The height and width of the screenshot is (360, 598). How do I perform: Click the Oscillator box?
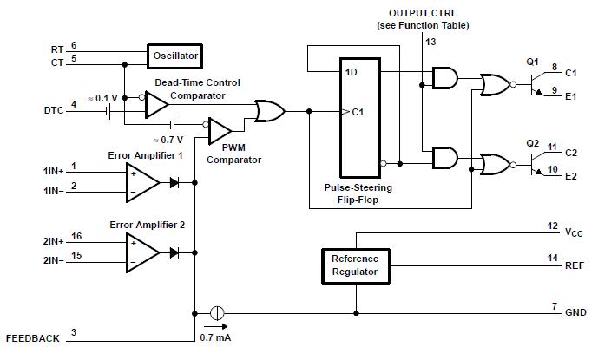176,56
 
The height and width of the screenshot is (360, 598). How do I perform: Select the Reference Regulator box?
354,265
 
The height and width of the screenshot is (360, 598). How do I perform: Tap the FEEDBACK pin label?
33,337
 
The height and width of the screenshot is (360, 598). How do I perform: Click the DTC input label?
53,110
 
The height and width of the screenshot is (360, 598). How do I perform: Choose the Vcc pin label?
572,232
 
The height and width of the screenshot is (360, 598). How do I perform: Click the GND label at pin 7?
575,312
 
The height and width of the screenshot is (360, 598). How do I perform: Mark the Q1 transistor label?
533,62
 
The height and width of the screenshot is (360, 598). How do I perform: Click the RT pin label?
57,48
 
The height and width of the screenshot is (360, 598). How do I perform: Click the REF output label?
573,265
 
